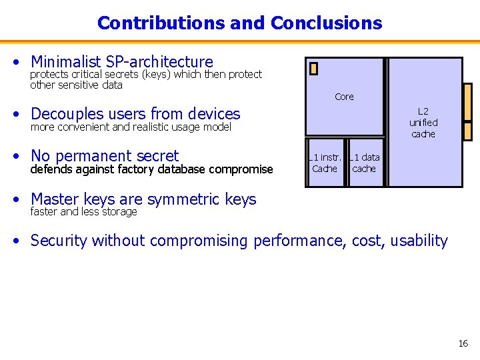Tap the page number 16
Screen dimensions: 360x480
coord(463,343)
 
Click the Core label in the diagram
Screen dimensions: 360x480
coord(344,97)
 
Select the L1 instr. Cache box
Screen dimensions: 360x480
coord(325,163)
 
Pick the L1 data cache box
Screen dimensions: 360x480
coord(365,163)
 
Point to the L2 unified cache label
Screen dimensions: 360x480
coord(423,123)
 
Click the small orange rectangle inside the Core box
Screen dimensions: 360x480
coord(314,68)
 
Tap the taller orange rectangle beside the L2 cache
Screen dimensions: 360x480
coord(467,101)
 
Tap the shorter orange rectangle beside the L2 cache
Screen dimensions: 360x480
coord(467,131)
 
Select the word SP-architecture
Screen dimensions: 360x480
coord(159,62)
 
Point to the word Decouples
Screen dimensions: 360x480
coord(64,114)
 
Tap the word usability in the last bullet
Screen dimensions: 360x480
coord(418,241)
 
